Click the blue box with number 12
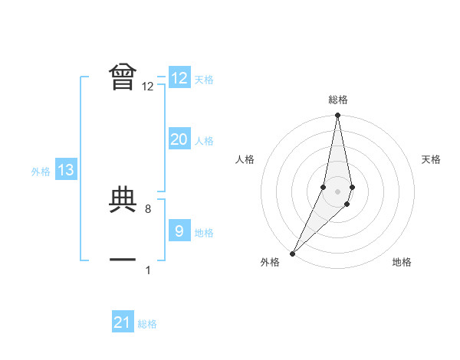pos(179,78)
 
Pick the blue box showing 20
pos(179,139)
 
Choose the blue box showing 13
pos(66,171)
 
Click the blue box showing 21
pos(123,322)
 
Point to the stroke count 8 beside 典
pos(158,209)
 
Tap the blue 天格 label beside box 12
pos(204,80)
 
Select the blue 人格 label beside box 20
pos(204,141)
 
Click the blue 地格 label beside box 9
pos(204,233)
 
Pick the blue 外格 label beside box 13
pos(41,172)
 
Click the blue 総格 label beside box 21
pos(147,324)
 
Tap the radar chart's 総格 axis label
pos(337,100)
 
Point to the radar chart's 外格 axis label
pos(270,263)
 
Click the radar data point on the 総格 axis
pos(337,116)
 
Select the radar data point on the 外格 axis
pos(293,253)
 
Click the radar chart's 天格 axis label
pos(432,159)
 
